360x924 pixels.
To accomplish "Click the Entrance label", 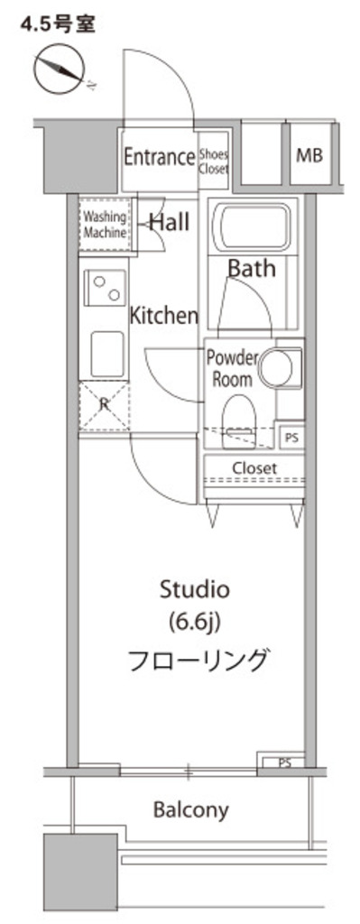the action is point(159,157).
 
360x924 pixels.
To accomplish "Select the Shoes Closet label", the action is point(213,161).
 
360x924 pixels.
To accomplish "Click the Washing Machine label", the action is point(105,225).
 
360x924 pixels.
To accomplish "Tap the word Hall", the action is point(170,222).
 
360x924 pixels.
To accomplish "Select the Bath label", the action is point(252,268).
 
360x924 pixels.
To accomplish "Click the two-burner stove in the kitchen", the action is point(106,287).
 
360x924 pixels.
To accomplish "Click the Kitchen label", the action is point(164,316).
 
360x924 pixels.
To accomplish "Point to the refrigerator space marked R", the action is point(105,405).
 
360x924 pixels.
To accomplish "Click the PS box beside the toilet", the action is point(291,437).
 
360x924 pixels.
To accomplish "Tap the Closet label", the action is point(254,468).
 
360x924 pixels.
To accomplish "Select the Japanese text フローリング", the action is point(198,660).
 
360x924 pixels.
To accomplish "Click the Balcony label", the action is point(191,810).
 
